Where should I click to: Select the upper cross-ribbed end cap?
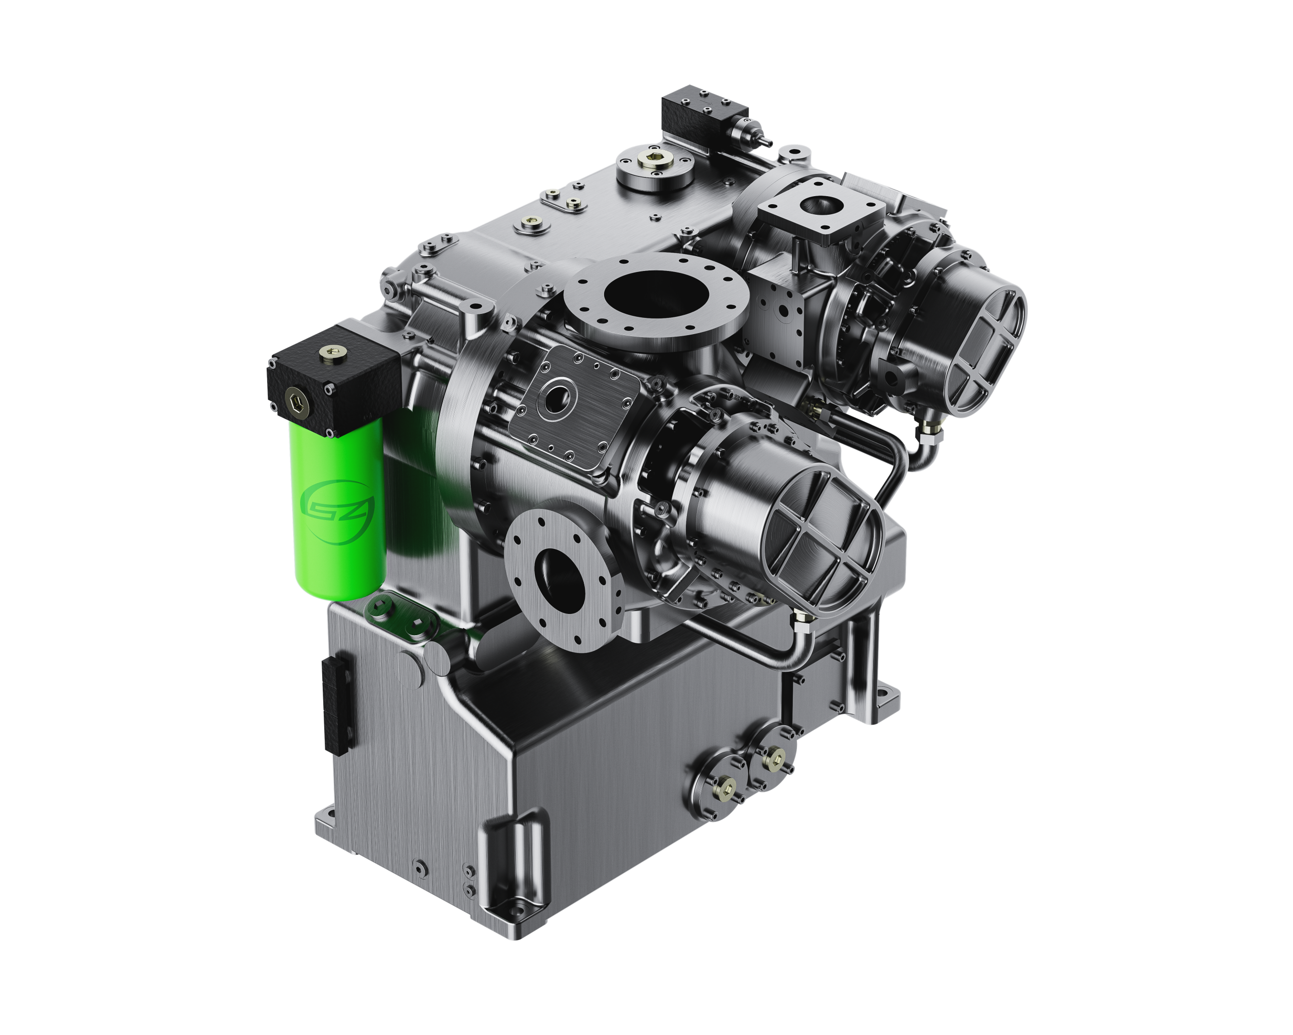tap(982, 350)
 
